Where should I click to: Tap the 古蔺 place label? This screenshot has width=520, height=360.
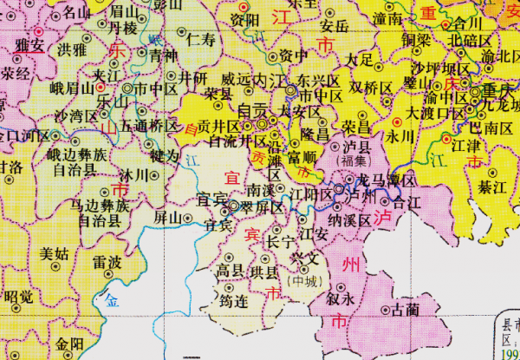[x=405, y=309]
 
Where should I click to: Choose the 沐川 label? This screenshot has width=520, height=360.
[x=135, y=174]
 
